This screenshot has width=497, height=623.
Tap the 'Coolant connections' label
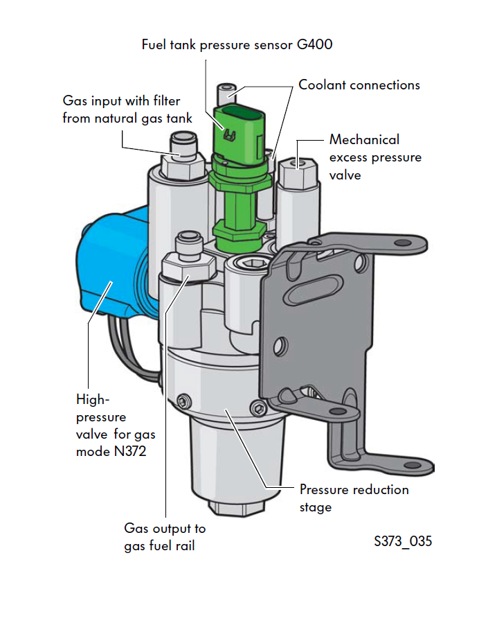point(359,85)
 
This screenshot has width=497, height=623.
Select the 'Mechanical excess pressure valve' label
point(375,157)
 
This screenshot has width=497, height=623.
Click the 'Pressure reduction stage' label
point(354,498)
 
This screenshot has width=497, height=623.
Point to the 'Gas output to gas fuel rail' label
point(165,537)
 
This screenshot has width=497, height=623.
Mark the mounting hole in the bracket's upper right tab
point(399,243)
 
